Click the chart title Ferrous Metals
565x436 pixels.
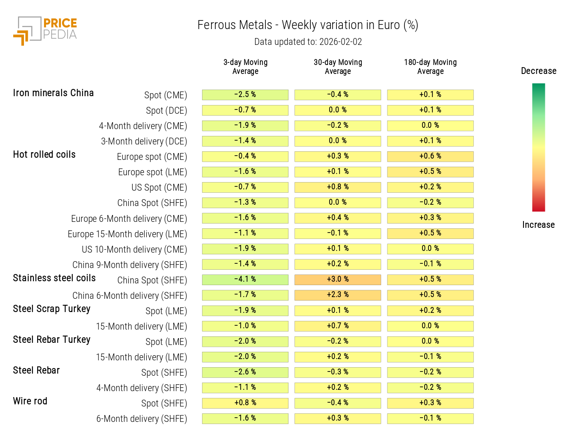(235, 25)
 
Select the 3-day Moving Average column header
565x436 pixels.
(245, 67)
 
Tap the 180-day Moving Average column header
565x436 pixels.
(430, 67)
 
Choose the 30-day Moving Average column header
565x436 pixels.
(338, 67)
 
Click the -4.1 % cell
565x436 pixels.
(245, 280)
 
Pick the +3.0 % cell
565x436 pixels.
(338, 280)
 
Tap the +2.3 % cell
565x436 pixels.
(338, 295)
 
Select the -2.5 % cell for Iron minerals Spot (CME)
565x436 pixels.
(245, 94)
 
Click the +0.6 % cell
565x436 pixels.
(430, 156)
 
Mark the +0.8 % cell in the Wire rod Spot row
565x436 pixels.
(245, 403)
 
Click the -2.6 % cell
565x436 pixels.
(245, 372)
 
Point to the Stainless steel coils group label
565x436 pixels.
(54, 278)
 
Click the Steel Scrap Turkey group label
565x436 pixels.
(52, 309)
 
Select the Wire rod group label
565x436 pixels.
(30, 401)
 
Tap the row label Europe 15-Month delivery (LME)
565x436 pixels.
(127, 234)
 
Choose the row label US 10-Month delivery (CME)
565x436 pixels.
(134, 250)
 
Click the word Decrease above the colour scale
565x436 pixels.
(538, 71)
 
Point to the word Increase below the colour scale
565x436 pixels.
(538, 225)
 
